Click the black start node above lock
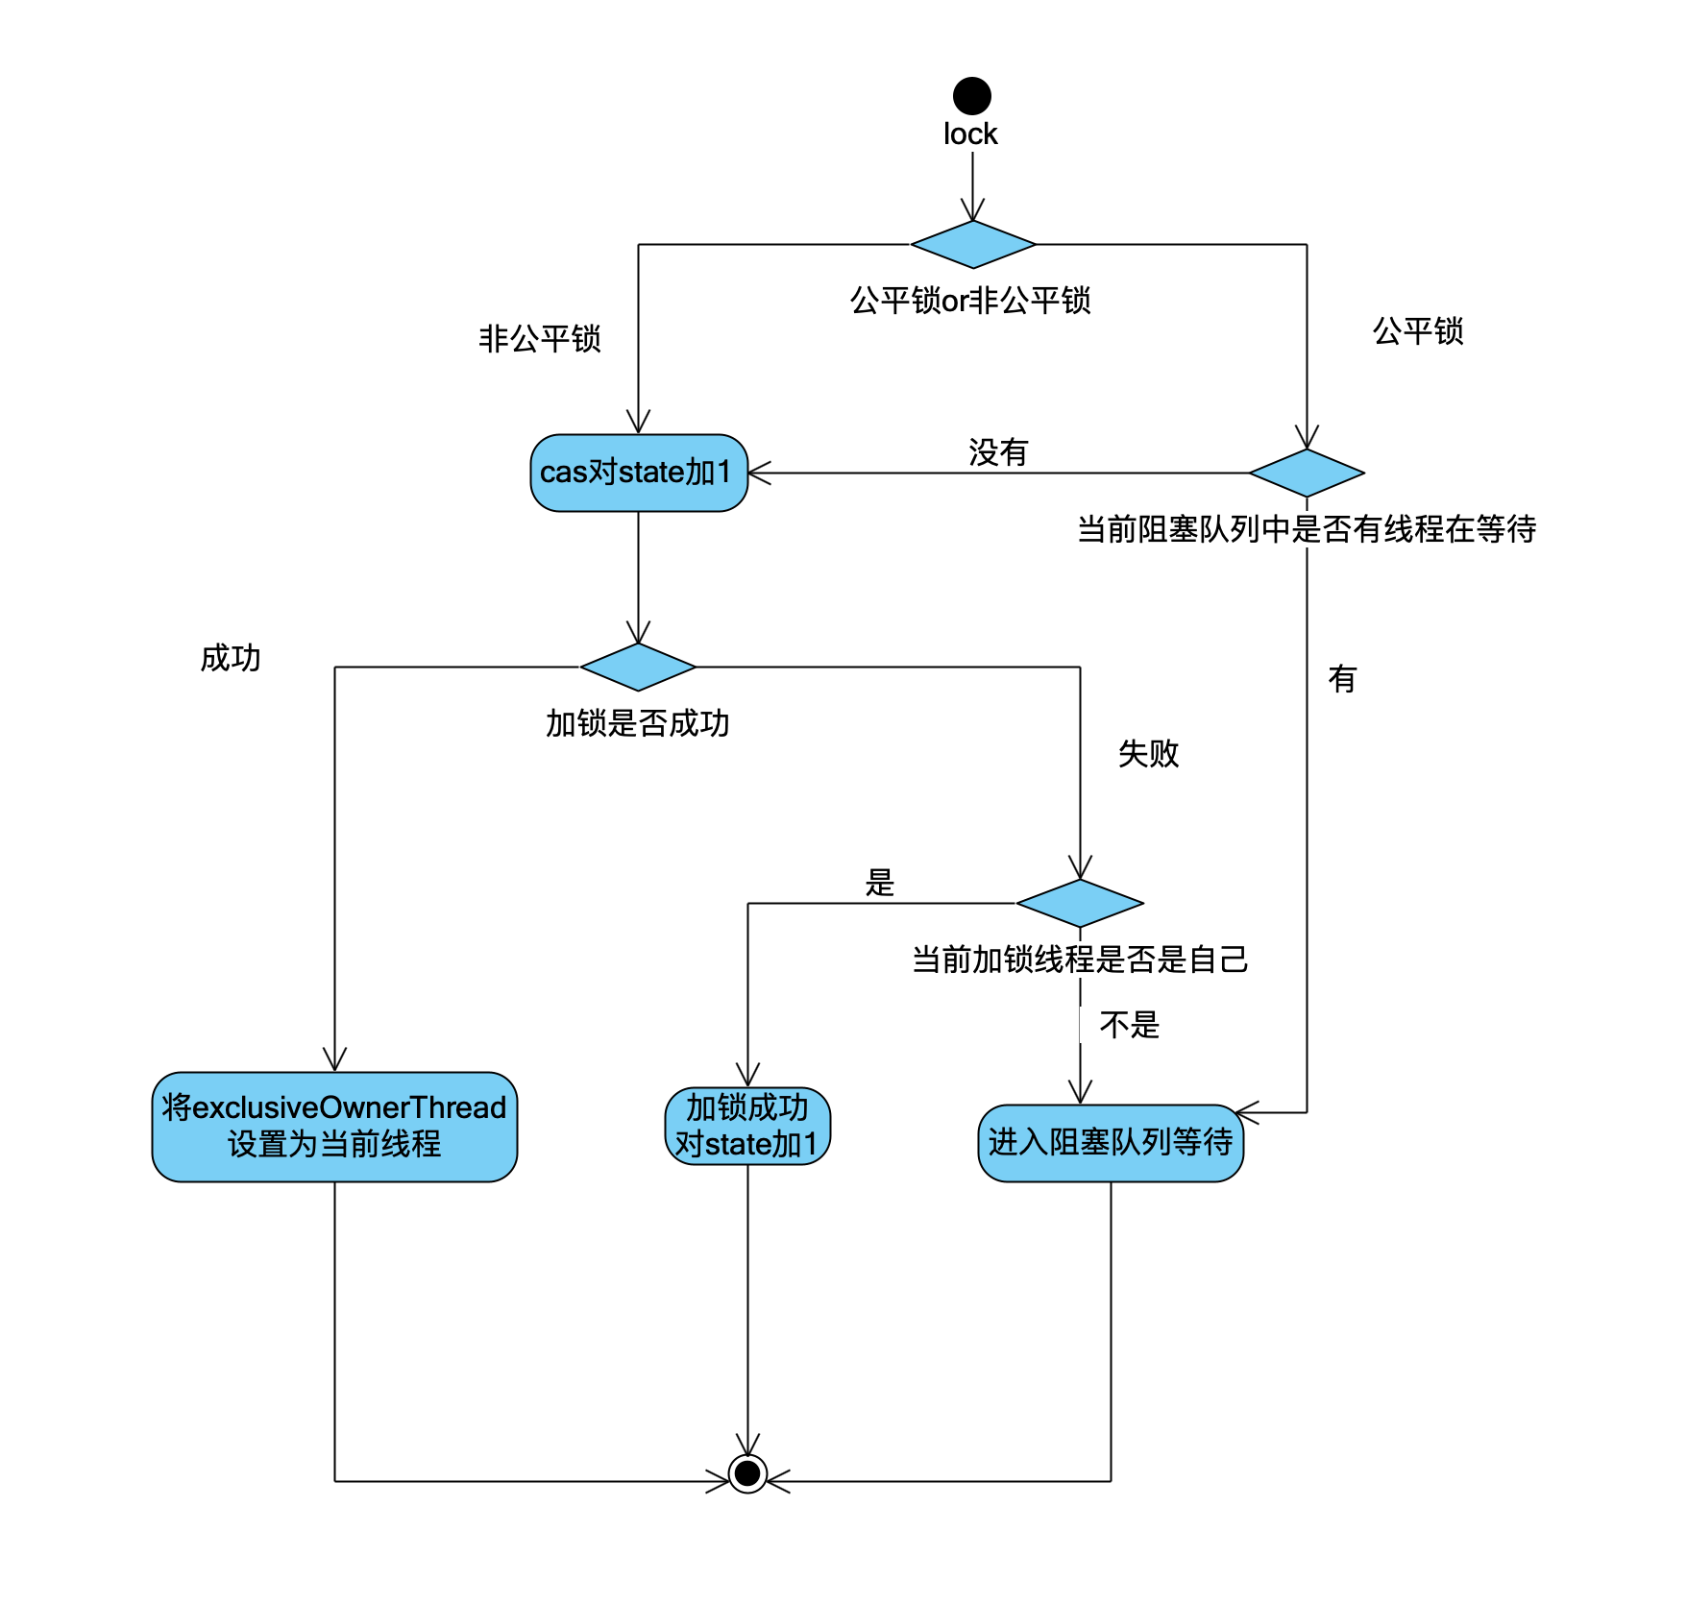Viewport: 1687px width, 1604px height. tap(971, 96)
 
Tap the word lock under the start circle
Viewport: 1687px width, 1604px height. tap(970, 134)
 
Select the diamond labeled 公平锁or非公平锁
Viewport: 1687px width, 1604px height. tap(972, 245)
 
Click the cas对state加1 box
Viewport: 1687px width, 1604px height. tap(639, 473)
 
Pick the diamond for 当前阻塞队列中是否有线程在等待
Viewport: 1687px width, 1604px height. tap(1307, 473)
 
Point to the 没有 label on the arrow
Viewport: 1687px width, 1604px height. tap(998, 451)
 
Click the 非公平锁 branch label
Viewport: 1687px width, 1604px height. tap(540, 338)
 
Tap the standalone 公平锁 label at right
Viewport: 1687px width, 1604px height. tap(1418, 330)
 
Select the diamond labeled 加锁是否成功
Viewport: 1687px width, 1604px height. tap(638, 667)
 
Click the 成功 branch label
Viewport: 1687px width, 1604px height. tap(231, 658)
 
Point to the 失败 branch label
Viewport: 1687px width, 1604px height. tap(1148, 753)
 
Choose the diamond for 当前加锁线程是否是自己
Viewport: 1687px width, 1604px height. tap(1080, 903)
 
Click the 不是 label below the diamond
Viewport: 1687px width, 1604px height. tap(1129, 1025)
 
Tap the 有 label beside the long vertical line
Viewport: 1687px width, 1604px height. tap(1342, 679)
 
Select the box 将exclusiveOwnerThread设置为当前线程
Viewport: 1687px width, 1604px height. tap(334, 1126)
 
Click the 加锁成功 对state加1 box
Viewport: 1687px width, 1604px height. tap(747, 1126)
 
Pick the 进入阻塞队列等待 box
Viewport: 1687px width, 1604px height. tap(1111, 1142)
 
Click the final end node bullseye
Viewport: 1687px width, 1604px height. tap(747, 1472)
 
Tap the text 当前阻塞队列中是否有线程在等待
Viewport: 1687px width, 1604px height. tap(1307, 528)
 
